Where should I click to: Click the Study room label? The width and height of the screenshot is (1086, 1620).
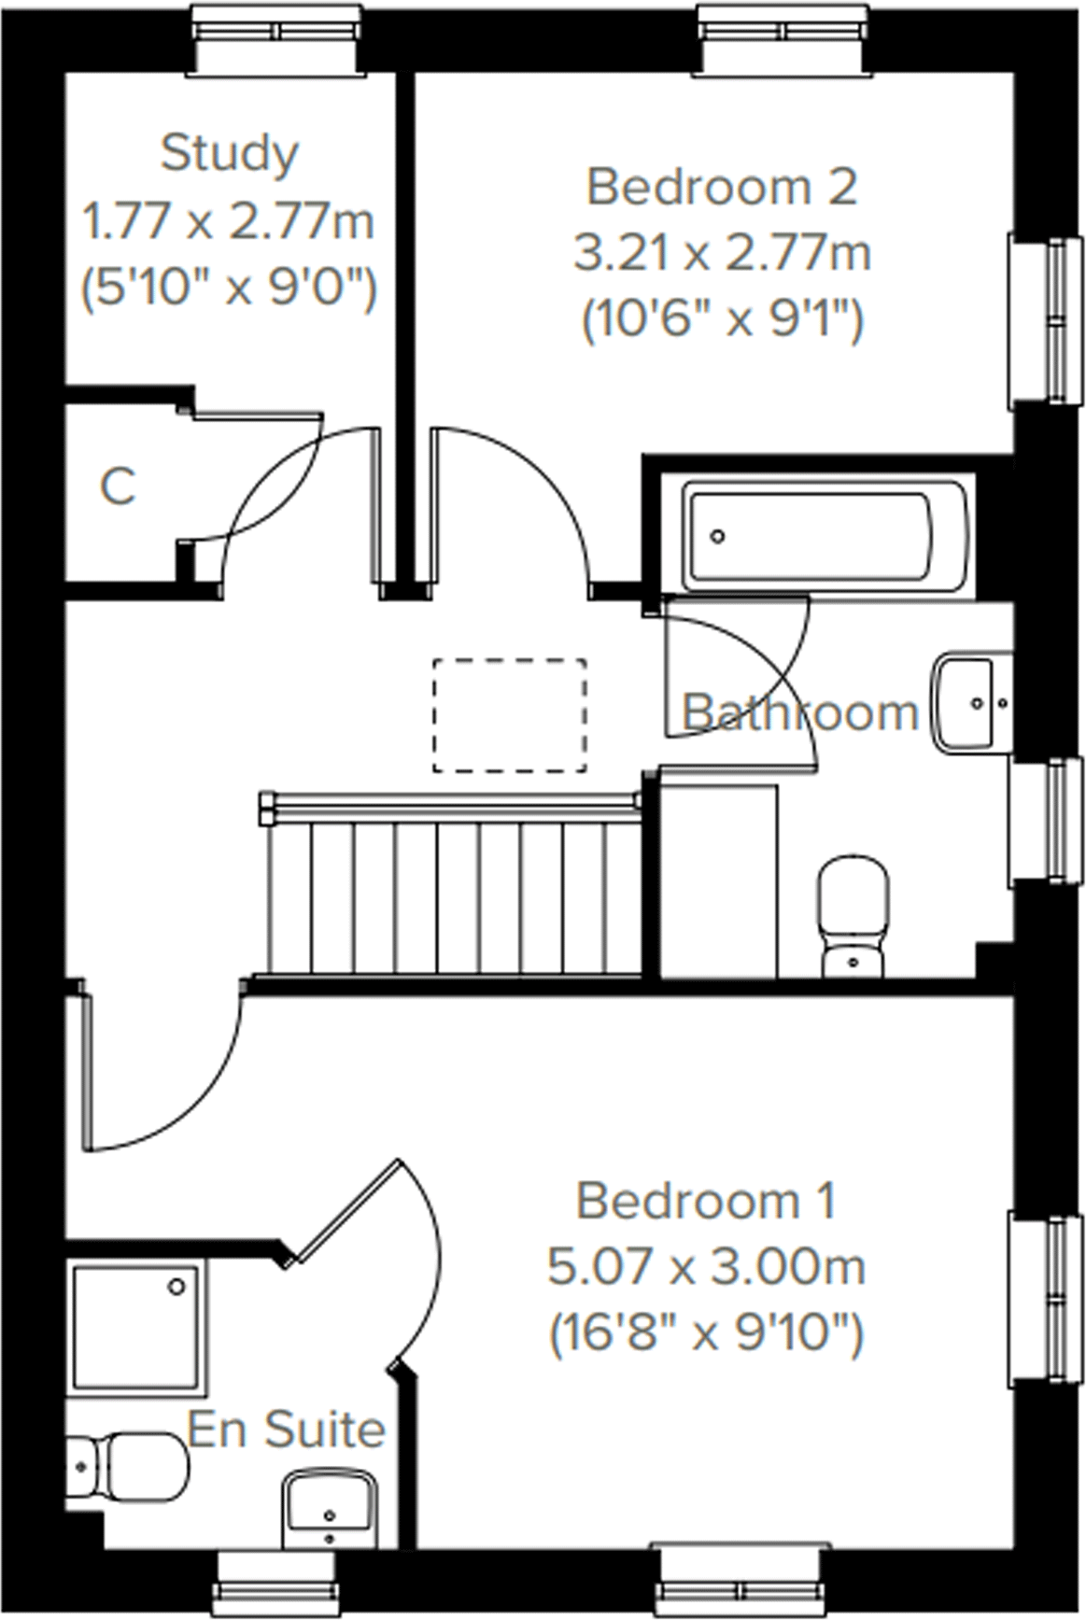(229, 153)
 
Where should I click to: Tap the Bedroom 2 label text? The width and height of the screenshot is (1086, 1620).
(721, 187)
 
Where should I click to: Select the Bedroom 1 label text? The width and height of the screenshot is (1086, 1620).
(706, 1201)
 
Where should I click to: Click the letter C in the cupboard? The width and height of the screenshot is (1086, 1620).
(118, 486)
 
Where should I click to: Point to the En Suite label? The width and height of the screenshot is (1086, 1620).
(286, 1430)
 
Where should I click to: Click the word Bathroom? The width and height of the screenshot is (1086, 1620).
(800, 713)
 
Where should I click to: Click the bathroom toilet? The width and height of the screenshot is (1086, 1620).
(852, 914)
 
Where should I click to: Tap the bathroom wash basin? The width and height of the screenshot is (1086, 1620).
(971, 700)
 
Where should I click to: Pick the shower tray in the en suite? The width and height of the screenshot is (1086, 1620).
(136, 1326)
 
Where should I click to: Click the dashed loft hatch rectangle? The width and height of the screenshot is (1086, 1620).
(510, 715)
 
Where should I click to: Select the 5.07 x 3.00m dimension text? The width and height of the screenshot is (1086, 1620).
(706, 1267)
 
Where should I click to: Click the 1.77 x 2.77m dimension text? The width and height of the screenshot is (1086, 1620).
(229, 222)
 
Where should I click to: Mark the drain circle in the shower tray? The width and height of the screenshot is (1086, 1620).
(176, 1288)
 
